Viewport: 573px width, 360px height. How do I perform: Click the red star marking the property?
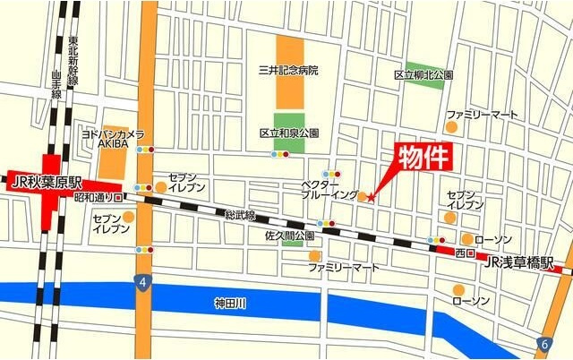371,196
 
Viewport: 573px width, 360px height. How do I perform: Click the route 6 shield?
544,344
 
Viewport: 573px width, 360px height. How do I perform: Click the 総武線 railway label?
240,216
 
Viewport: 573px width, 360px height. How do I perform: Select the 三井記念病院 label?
287,70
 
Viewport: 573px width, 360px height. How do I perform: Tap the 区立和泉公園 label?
289,133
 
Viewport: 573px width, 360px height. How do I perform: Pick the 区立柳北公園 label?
423,75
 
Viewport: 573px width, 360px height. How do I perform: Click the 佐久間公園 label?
288,236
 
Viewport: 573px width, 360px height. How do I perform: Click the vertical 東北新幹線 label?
73,61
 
